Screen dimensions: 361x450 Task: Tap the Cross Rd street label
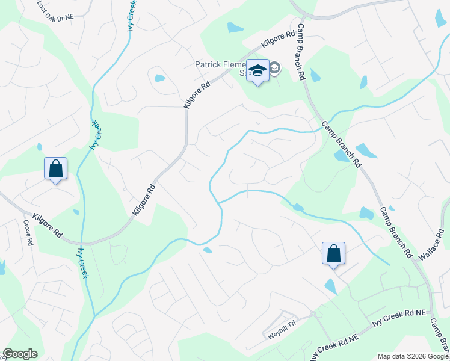pos(27,232)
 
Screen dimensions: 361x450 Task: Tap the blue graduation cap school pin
pos(257,71)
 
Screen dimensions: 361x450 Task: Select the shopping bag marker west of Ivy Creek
pos(55,169)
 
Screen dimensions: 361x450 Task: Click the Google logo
pos(20,354)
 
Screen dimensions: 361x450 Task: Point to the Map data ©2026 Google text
pos(412,356)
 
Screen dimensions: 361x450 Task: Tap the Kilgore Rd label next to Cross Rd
pos(48,224)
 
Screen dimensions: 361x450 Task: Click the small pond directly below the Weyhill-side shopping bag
pos(330,286)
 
